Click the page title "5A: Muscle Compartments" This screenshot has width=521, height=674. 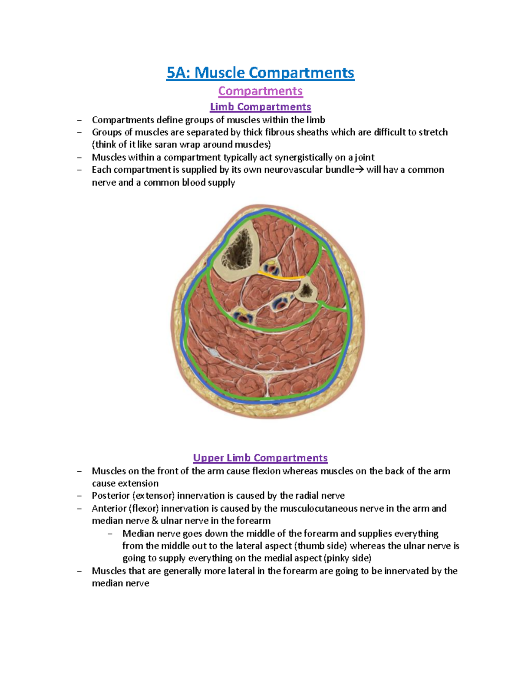click(260, 72)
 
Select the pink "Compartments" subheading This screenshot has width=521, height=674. click(260, 91)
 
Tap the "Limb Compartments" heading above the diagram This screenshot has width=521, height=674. click(260, 107)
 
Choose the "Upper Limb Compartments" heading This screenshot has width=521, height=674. click(260, 458)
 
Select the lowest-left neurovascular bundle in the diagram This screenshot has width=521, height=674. click(242, 315)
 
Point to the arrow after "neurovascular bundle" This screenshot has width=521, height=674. click(360, 170)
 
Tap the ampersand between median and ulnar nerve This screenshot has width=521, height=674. click(155, 521)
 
